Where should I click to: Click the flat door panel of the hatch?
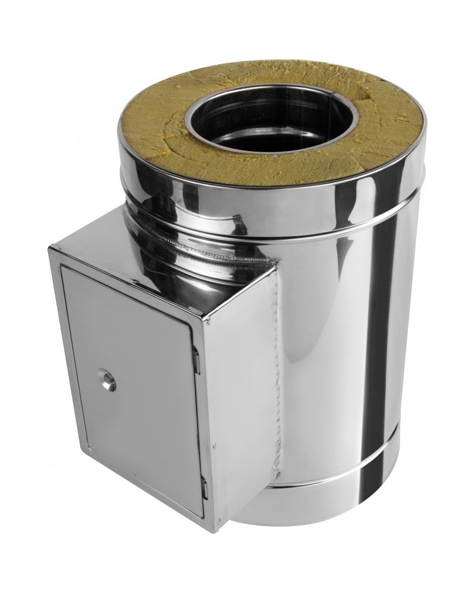137,403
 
